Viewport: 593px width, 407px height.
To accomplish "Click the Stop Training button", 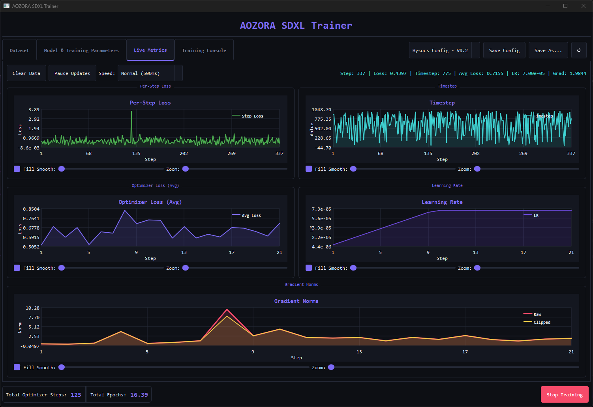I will tap(564, 394).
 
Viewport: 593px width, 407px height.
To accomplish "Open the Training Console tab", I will tap(204, 50).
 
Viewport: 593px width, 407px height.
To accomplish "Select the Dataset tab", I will tap(19, 50).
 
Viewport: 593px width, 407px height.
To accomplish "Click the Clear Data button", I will tap(26, 73).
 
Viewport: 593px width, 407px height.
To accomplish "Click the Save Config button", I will tap(504, 50).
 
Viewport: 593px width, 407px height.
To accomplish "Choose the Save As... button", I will tap(548, 50).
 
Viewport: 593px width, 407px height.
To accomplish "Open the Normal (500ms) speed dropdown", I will tap(150, 73).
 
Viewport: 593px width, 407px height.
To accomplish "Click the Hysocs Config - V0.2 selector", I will tap(444, 50).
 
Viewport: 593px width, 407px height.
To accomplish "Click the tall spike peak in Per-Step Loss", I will tap(132, 112).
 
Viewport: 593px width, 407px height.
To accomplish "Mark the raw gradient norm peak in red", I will tap(227, 310).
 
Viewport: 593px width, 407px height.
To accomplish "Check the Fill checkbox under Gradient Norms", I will tap(17, 367).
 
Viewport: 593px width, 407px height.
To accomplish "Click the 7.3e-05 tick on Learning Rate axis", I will tap(321, 209).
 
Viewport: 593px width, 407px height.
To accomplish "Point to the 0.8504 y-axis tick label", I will tap(31, 209).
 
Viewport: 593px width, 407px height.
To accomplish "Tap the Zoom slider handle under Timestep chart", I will tap(477, 169).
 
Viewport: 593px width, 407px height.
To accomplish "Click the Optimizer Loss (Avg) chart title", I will tap(150, 202).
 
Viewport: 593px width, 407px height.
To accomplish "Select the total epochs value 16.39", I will tap(139, 395).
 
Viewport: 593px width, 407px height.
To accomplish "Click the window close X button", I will tap(584, 6).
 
